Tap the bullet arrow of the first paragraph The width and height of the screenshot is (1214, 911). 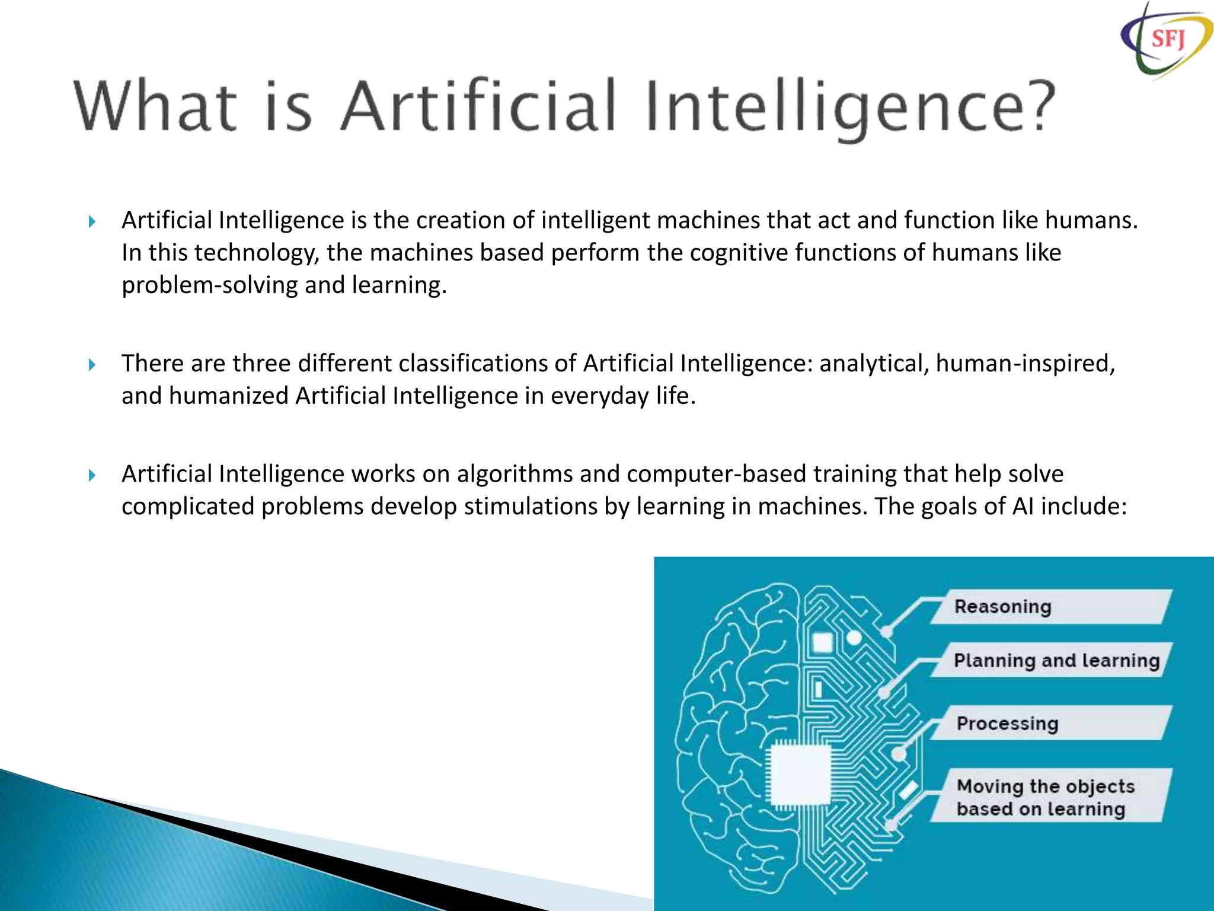[92, 222]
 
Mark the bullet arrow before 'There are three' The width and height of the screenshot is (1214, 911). [92, 365]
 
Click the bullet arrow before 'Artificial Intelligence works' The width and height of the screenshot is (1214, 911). [92, 475]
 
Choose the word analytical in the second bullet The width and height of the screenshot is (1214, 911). [874, 364]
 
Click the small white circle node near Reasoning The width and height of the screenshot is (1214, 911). [854, 638]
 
